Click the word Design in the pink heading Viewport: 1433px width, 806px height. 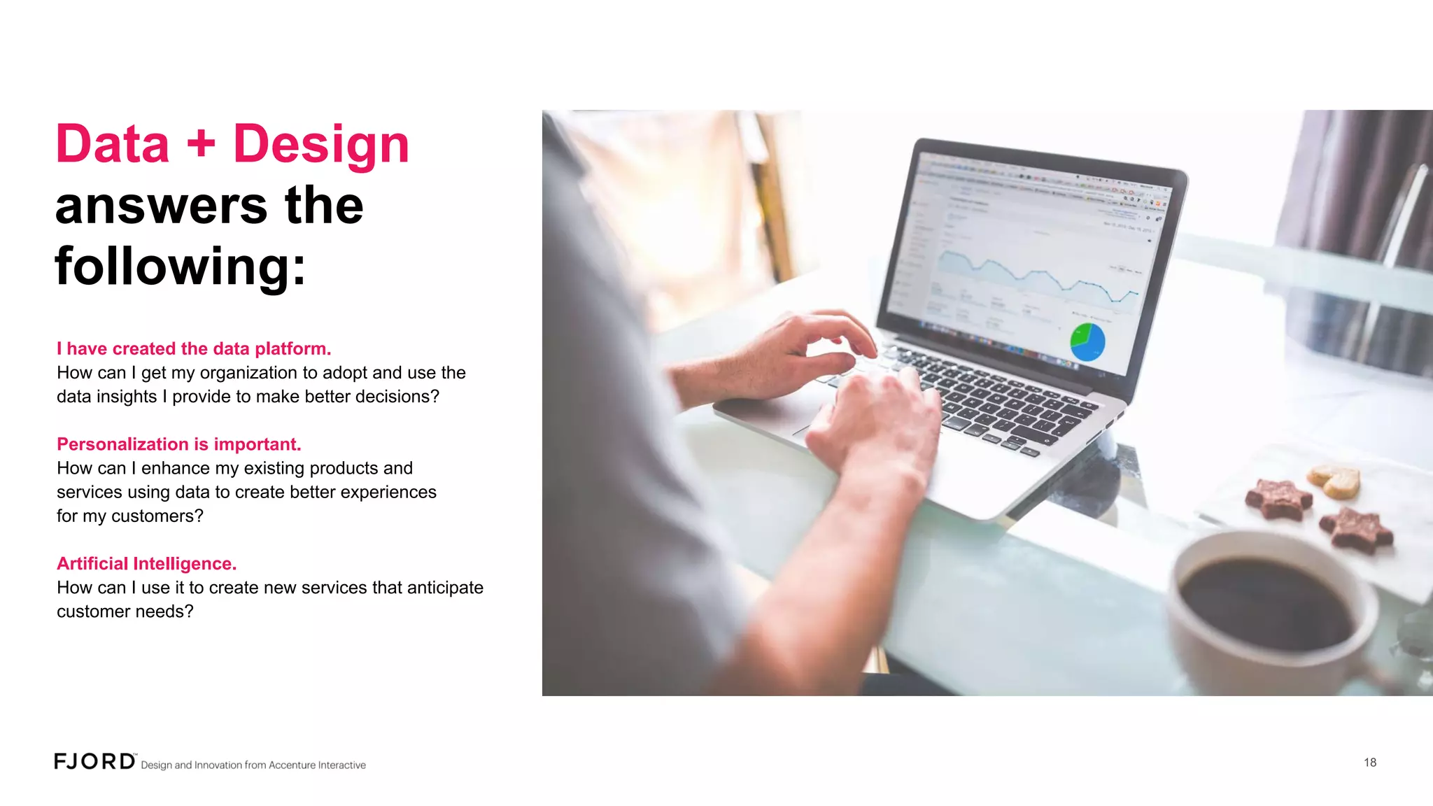tap(320, 144)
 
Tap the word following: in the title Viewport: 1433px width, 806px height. tap(181, 267)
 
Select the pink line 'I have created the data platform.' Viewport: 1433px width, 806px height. tap(194, 348)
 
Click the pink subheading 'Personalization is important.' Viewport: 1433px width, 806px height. tap(179, 444)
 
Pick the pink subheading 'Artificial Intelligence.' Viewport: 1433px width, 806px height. tap(147, 563)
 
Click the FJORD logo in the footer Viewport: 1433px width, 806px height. tap(95, 761)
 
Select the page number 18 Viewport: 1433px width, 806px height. tap(1369, 763)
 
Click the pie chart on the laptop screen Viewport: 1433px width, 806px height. tap(1087, 341)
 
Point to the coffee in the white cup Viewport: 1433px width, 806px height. tap(1266, 602)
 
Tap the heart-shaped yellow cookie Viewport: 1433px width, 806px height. tap(1335, 481)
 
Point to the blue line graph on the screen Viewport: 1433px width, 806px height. tap(1036, 276)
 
